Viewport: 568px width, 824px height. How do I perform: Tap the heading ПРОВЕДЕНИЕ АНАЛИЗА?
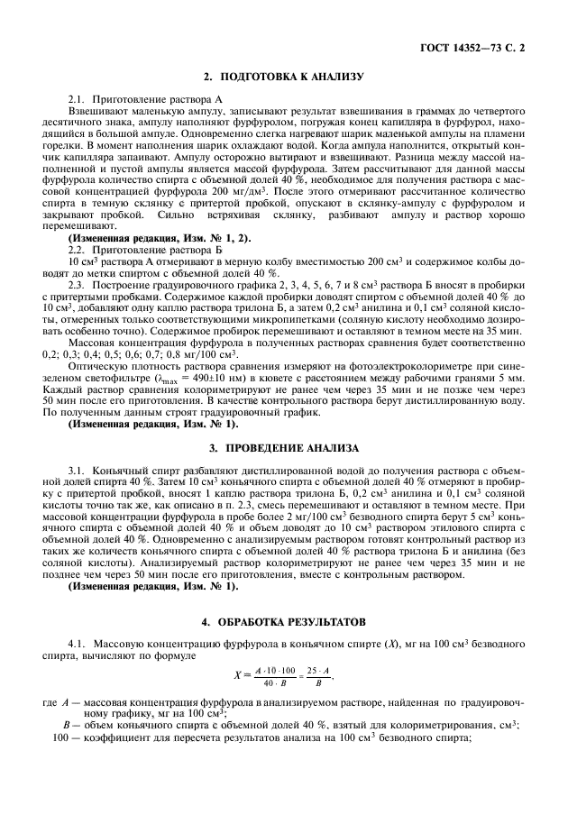pyautogui.click(x=284, y=447)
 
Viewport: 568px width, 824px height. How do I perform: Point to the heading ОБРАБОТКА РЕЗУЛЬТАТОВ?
pyautogui.click(x=284, y=621)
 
